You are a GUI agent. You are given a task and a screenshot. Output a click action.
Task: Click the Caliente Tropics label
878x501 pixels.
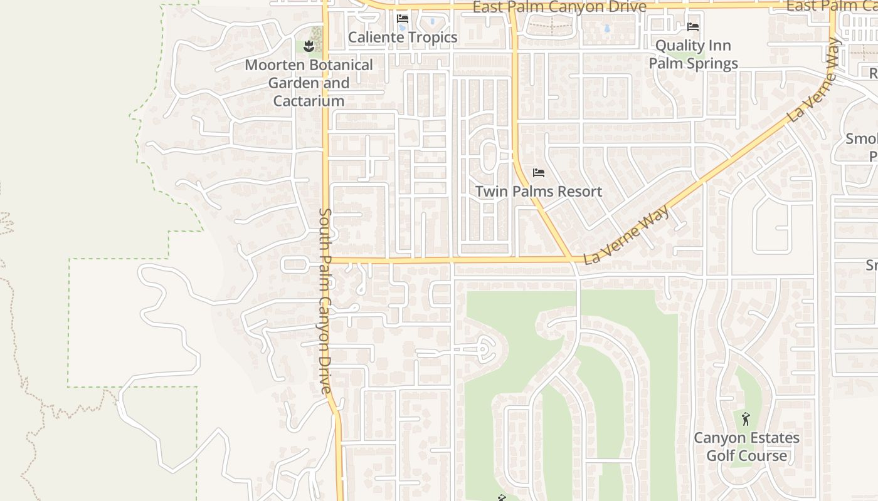403,38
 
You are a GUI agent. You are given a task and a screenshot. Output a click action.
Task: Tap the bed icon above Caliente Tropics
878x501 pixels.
403,19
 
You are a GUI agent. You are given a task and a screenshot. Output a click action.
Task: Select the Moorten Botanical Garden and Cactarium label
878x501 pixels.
309,83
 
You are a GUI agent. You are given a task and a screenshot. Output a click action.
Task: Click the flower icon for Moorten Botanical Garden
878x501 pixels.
309,46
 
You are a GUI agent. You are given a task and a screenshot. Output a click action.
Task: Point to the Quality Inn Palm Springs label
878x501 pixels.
693,54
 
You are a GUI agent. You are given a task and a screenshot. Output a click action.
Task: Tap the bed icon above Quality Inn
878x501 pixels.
693,27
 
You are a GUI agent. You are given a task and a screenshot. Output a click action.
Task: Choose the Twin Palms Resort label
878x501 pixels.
538,192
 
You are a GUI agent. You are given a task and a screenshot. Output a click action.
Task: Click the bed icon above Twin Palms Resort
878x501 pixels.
538,173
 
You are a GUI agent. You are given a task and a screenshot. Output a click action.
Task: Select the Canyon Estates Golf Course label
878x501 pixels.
746,447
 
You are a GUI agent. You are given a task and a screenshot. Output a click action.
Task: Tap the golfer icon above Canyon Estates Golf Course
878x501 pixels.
746,419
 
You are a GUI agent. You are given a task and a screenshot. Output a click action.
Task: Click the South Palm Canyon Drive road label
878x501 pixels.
325,301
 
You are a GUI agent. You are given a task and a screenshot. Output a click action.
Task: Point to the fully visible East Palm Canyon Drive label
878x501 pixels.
559,7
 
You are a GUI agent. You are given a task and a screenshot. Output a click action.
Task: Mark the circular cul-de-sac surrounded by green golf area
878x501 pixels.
485,347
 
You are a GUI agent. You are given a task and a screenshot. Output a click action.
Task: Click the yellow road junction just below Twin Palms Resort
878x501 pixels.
570,258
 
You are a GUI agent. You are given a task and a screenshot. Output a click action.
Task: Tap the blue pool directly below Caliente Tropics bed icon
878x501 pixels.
402,28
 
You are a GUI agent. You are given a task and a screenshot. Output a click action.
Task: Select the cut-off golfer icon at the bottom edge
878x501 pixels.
501,498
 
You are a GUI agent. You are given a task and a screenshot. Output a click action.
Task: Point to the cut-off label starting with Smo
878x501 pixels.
861,139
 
